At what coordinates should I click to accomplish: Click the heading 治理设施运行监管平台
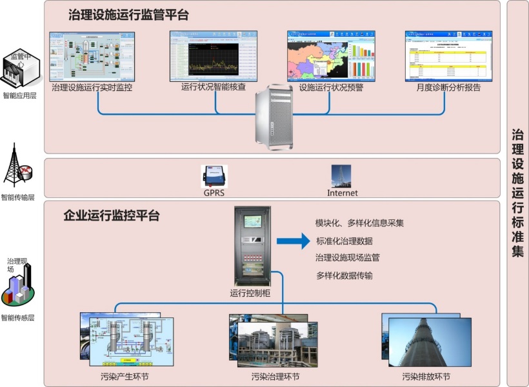128,15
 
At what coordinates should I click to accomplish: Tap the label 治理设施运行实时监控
92,87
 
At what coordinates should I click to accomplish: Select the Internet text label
342,192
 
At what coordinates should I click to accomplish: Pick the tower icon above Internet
341,175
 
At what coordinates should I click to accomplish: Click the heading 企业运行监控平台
111,215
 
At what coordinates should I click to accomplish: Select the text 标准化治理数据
344,241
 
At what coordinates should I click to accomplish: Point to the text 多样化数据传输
344,275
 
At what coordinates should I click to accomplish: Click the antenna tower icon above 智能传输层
17,166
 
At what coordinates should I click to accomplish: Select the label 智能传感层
17,317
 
